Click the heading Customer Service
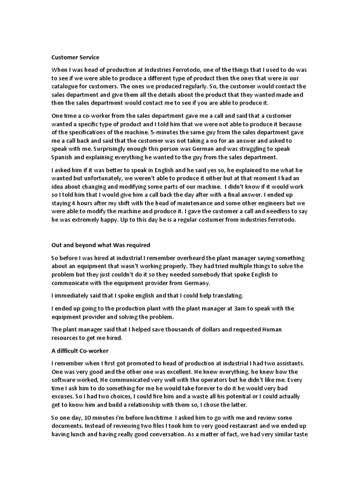(75, 57)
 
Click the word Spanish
(63, 157)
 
